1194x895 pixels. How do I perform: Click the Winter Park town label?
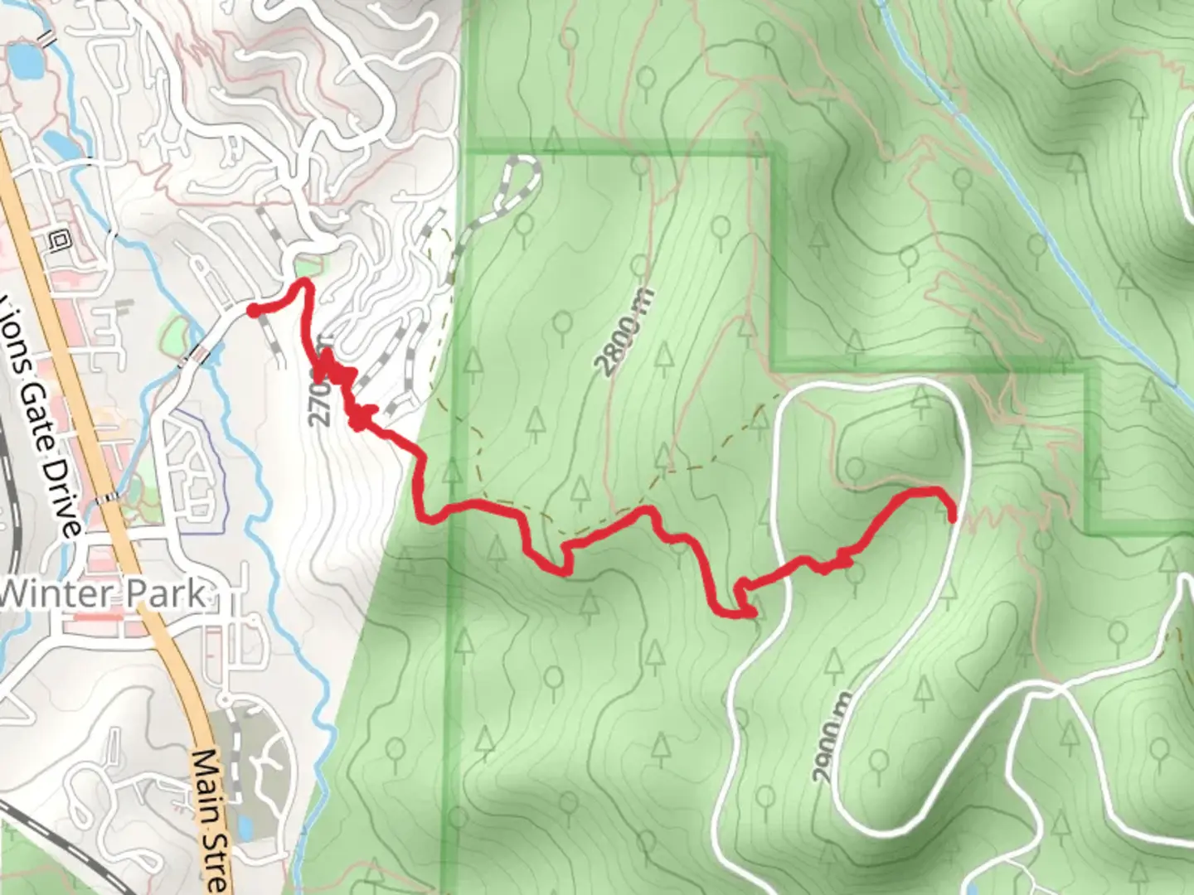coord(104,593)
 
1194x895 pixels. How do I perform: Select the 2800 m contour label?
coord(624,331)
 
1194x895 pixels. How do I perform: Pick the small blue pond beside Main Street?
coord(245,826)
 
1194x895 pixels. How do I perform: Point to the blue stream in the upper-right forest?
coord(1036,207)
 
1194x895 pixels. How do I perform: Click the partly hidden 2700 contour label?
coord(319,402)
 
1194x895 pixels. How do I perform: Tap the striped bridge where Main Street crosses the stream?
coord(106,500)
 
